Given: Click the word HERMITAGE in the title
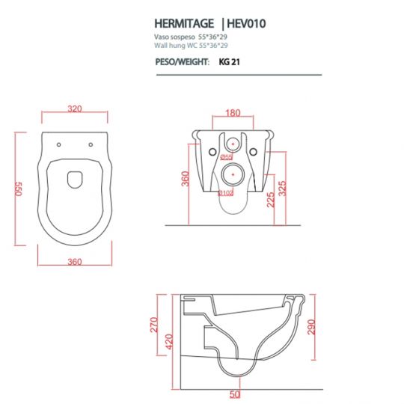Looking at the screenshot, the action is [184, 24].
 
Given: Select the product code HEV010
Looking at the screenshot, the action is [246, 24].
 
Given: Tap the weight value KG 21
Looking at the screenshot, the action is [230, 62].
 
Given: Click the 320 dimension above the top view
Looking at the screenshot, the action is [75, 108].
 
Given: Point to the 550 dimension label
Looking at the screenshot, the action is [19, 189].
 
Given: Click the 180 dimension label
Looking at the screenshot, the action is [233, 113].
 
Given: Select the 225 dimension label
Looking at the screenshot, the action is [271, 200].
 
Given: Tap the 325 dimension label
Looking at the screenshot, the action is [283, 189].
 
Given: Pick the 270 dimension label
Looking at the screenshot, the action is [154, 325].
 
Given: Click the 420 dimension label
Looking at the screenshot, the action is [169, 342].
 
